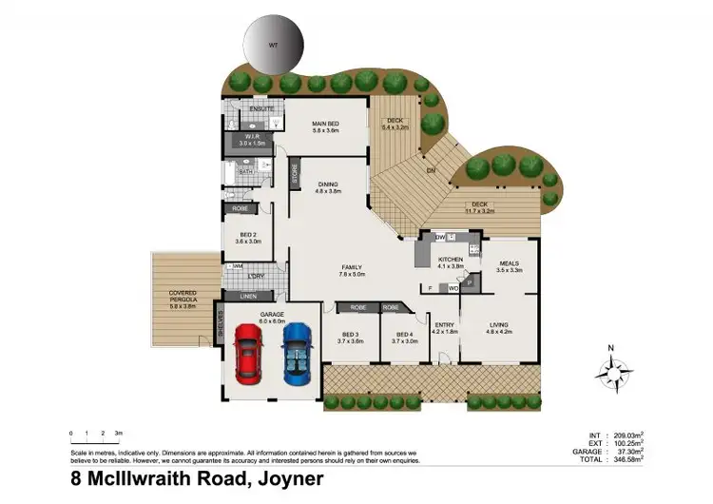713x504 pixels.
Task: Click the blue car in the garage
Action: (x=297, y=353)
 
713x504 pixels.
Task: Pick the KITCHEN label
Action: (x=450, y=259)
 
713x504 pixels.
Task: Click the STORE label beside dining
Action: (x=295, y=177)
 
